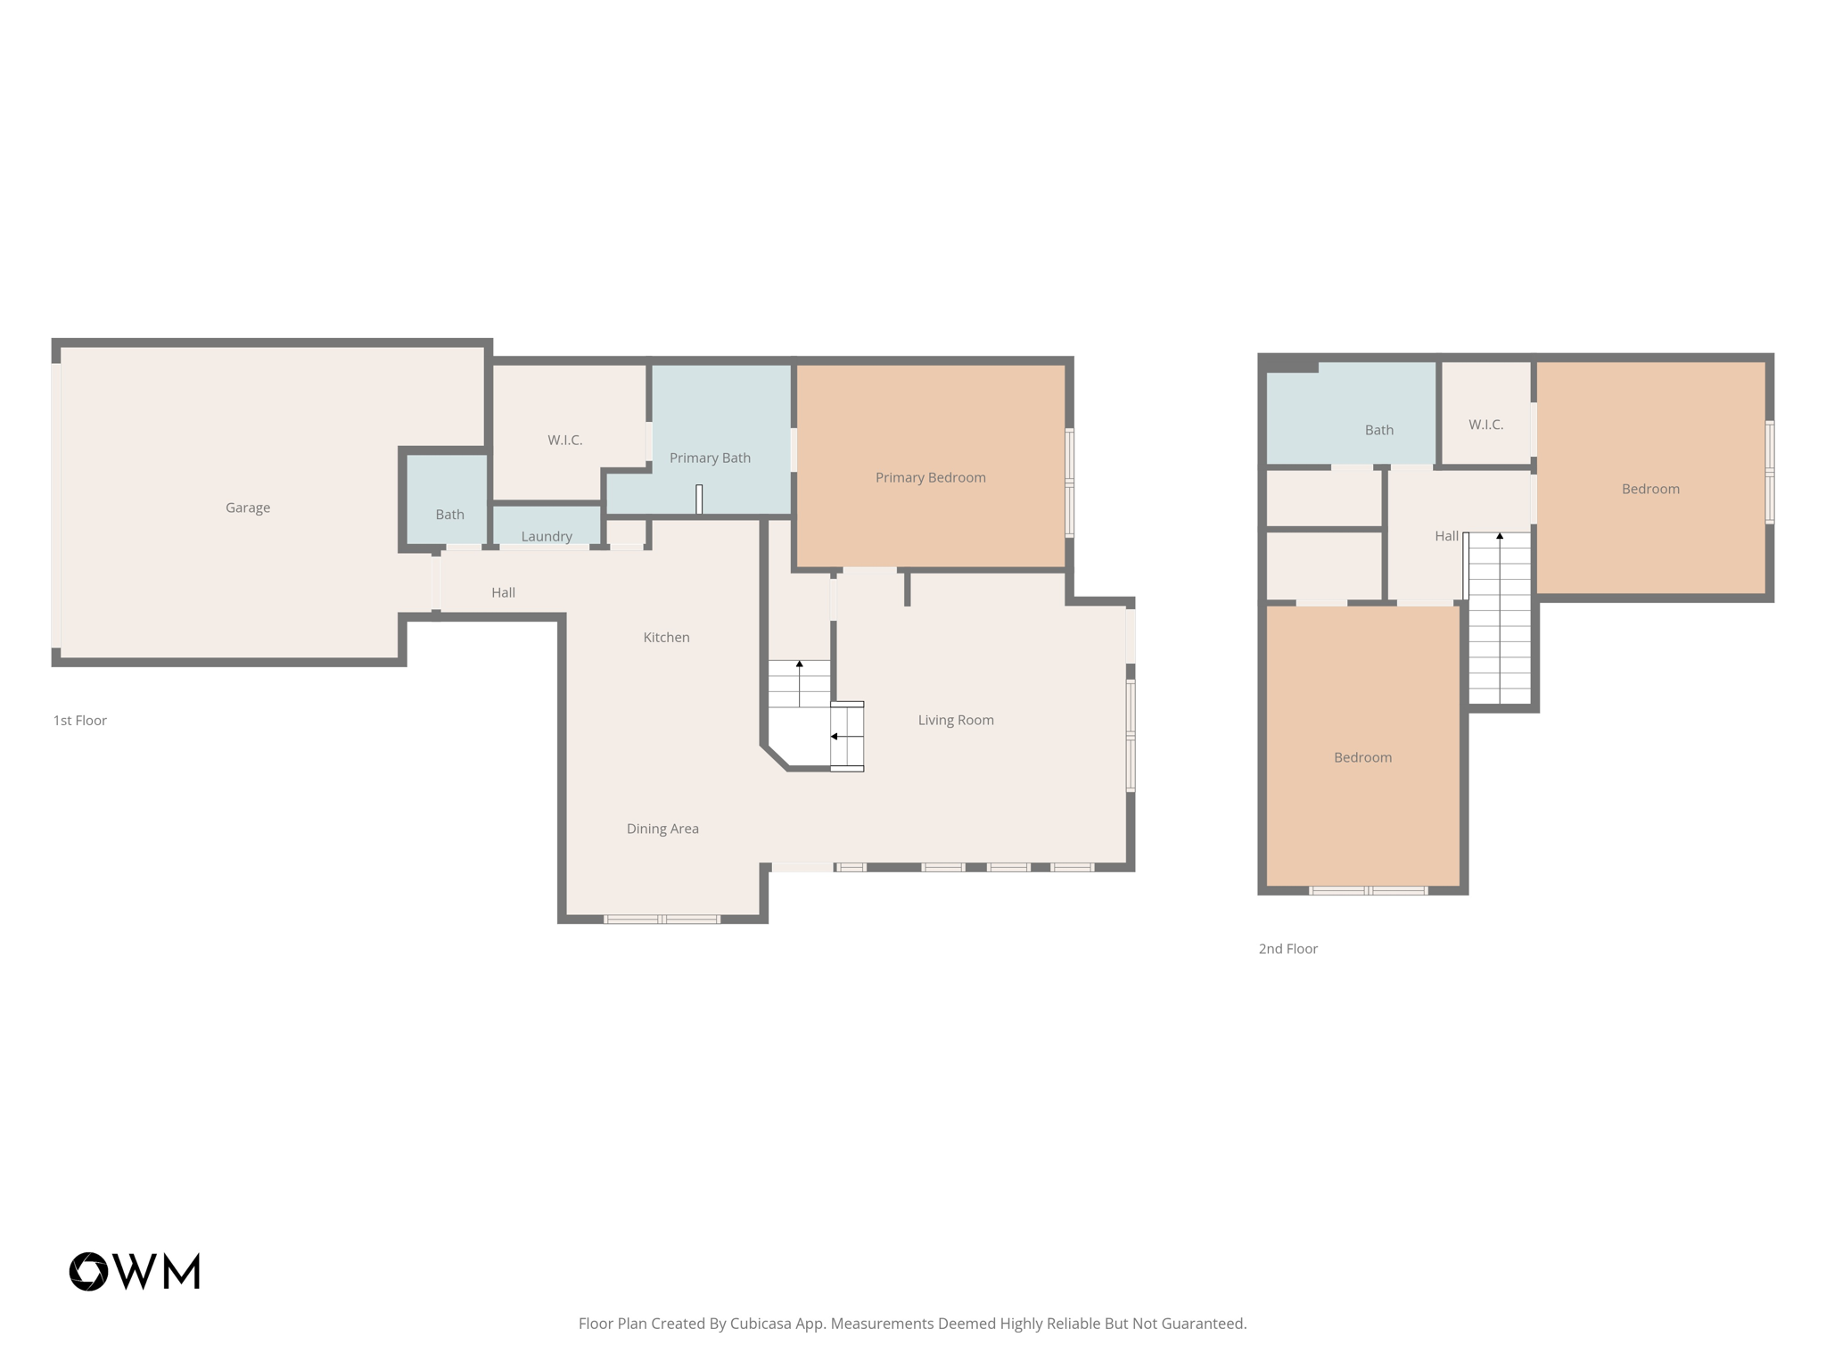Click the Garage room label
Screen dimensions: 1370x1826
click(248, 508)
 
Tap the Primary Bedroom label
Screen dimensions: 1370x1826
click(930, 477)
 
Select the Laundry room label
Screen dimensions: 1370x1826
click(547, 536)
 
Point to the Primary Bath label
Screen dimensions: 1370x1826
click(710, 458)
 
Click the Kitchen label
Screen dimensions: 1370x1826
click(666, 637)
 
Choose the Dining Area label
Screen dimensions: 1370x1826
click(662, 829)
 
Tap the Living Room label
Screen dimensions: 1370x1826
click(956, 720)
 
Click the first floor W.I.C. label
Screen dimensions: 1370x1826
click(565, 440)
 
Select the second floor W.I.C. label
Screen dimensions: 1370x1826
click(1485, 425)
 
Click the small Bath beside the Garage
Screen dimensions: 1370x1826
click(449, 515)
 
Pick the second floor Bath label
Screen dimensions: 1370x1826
click(1378, 430)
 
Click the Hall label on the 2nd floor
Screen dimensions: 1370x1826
click(1446, 536)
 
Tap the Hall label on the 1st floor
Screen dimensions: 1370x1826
click(503, 592)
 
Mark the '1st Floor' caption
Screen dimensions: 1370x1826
click(79, 721)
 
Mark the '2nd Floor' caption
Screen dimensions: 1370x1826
click(1287, 949)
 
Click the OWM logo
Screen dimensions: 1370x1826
click(135, 1271)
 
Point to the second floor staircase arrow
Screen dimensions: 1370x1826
click(1500, 536)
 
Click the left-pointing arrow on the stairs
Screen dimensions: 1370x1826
click(835, 737)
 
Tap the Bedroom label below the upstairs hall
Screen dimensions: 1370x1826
click(1362, 757)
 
